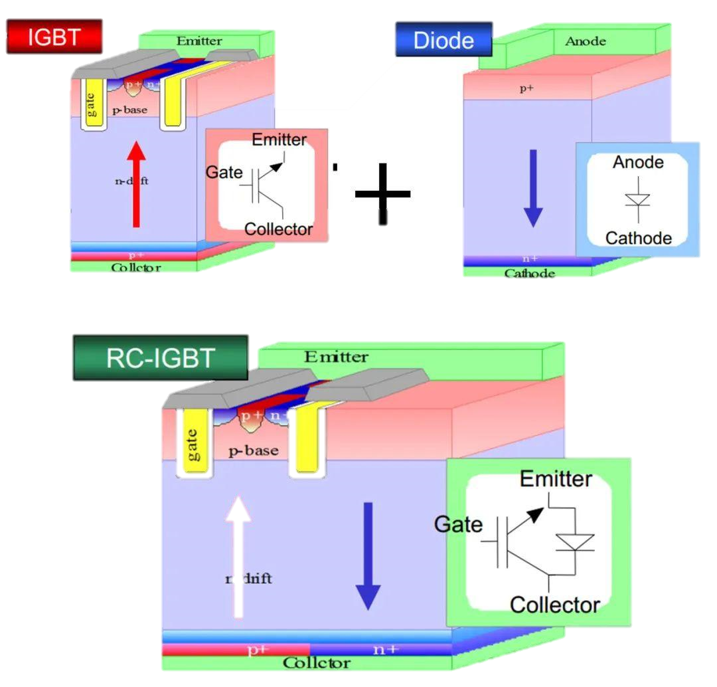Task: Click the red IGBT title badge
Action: click(x=54, y=37)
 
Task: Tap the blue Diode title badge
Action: click(x=443, y=40)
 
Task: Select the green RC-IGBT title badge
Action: click(x=160, y=357)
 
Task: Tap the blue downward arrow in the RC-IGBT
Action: click(x=367, y=555)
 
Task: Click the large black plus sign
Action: click(x=382, y=194)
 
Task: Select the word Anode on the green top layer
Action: click(x=585, y=41)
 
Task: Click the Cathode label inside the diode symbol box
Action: click(x=638, y=238)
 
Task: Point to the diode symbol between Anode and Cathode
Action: click(x=638, y=200)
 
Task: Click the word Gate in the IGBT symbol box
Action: click(x=224, y=173)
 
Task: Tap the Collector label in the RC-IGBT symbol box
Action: click(x=554, y=605)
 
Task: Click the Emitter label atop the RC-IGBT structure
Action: click(x=336, y=357)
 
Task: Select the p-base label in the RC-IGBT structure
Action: click(x=253, y=450)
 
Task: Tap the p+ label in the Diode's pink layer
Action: click(x=526, y=88)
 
